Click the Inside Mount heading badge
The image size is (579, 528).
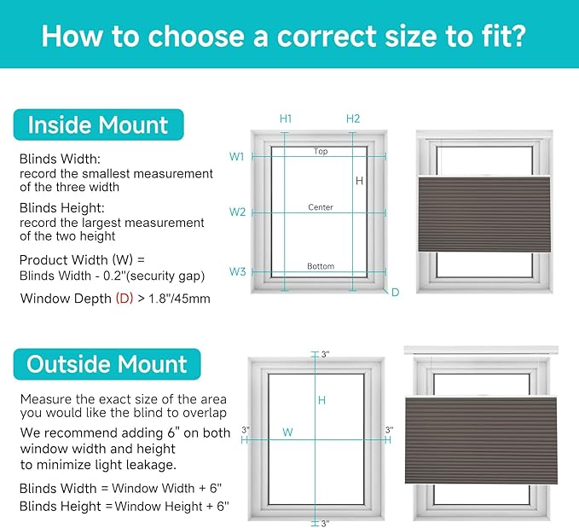(99, 125)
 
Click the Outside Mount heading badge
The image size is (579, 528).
(107, 364)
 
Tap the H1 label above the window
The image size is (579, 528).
(286, 119)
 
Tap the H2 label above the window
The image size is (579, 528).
(353, 119)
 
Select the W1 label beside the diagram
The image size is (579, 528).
(236, 157)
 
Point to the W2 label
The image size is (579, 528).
(237, 212)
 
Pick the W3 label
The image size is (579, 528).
(237, 271)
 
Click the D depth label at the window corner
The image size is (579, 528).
(395, 293)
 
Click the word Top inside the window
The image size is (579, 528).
(321, 151)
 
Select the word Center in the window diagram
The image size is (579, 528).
(321, 207)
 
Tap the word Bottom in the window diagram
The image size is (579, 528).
(321, 266)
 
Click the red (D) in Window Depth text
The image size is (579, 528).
(124, 299)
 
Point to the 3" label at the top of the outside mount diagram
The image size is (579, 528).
(325, 354)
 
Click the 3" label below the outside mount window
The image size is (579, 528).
(325, 524)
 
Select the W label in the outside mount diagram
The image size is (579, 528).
(287, 432)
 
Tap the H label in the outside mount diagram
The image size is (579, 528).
(321, 400)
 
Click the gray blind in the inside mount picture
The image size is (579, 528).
(484, 214)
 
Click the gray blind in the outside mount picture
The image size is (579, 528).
(481, 440)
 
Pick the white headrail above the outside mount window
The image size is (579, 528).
(481, 350)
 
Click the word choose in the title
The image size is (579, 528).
(196, 36)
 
